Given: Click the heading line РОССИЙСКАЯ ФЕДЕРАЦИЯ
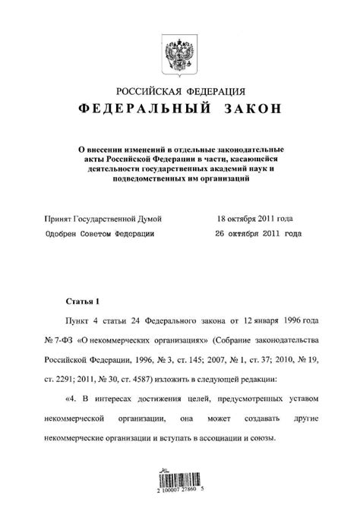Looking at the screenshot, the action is (x=179, y=93).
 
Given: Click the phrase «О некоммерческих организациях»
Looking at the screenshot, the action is (x=134, y=341).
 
